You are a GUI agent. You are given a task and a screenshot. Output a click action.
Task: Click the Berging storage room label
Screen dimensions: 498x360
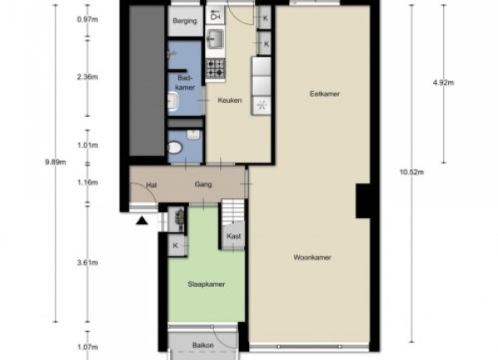[185, 21]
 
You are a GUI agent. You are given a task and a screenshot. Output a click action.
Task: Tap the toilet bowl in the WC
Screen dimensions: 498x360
[174, 148]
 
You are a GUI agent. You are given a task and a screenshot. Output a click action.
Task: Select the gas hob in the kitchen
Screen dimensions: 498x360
[215, 69]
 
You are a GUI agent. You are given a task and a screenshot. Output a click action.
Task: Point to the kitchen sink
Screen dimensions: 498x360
[215, 39]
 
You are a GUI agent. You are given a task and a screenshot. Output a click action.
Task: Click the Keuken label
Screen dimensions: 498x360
[230, 100]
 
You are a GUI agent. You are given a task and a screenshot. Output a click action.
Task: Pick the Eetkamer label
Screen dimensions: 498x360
[325, 94]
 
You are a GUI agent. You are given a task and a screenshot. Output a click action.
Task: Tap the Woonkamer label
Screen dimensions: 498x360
[312, 257]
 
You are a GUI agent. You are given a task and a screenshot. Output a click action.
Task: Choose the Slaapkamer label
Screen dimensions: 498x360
[207, 285]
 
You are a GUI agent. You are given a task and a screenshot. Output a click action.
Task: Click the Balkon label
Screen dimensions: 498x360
[203, 345]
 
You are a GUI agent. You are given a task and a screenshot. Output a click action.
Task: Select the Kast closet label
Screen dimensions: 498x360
[233, 236]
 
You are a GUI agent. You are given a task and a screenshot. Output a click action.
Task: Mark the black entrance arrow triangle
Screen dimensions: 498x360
[142, 221]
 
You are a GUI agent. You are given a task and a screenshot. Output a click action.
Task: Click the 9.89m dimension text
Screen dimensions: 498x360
[56, 163]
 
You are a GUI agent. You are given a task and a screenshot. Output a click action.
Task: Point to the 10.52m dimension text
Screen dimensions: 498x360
[412, 173]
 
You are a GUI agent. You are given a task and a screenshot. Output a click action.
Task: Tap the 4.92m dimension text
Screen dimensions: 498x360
[443, 83]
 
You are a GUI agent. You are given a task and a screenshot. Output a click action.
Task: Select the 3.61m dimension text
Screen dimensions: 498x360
[88, 263]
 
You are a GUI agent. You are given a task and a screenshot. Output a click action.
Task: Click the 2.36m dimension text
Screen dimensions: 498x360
[88, 77]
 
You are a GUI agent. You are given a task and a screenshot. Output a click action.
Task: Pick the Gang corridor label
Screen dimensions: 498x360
[203, 185]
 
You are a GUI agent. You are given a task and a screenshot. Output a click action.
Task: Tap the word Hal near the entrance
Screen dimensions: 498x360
[151, 185]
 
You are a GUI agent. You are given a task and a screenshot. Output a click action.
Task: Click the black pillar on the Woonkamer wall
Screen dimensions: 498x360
[363, 201]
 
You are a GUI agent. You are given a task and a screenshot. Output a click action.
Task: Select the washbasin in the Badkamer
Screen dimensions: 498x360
[173, 101]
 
